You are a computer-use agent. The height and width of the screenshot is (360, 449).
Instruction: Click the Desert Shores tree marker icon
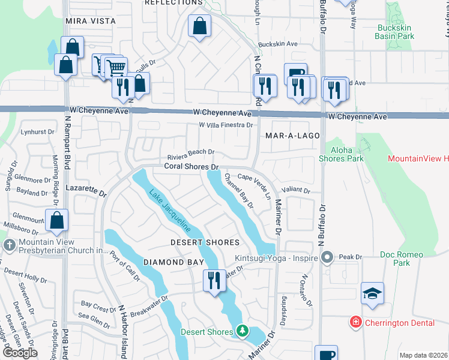(242, 331)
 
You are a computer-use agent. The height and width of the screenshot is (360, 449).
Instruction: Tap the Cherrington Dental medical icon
(356, 323)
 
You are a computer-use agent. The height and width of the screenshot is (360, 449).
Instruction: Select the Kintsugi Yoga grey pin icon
(327, 257)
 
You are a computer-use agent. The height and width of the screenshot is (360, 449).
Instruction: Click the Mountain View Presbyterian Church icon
(9, 245)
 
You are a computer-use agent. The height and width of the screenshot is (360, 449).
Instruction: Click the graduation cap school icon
(372, 294)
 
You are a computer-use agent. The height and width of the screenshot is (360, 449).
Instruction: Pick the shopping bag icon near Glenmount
(57, 221)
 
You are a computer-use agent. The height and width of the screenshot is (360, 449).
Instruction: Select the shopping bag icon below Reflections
(199, 26)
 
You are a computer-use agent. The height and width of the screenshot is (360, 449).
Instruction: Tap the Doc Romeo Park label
(396, 259)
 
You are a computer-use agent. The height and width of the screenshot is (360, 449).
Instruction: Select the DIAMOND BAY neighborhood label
(173, 262)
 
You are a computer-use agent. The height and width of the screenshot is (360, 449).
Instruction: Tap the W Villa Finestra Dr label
(226, 125)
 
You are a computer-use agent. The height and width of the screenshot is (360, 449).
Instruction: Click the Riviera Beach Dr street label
(191, 153)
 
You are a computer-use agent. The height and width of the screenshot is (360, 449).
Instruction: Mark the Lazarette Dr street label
(86, 191)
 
